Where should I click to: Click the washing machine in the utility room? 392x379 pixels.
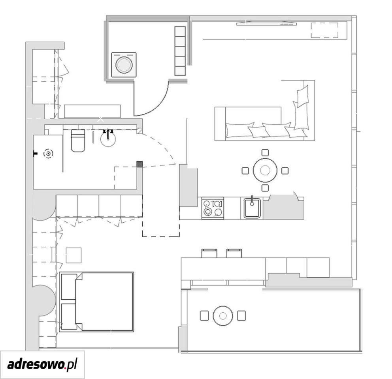(124, 64)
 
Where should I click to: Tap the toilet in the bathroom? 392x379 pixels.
(78, 141)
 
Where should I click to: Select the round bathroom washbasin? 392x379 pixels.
(108, 139)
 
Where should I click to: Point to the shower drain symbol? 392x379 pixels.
(48, 154)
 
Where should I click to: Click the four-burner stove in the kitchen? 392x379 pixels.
(213, 208)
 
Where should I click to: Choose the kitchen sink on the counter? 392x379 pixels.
(252, 208)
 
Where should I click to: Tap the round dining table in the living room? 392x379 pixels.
(265, 170)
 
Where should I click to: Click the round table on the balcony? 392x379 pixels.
(223, 316)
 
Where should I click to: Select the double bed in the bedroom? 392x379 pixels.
(96, 302)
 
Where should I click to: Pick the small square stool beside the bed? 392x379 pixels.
(73, 255)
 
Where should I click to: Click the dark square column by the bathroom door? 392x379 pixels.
(139, 164)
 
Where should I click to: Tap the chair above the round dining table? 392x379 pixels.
(265, 152)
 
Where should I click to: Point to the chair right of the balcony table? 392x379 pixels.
(241, 315)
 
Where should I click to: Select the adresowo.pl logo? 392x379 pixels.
(42, 364)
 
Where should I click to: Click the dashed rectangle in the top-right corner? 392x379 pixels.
(324, 30)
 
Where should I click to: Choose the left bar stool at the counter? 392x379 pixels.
(209, 253)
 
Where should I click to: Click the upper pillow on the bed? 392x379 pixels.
(69, 287)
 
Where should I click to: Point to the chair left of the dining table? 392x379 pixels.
(245, 171)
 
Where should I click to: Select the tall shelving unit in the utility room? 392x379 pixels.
(180, 51)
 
